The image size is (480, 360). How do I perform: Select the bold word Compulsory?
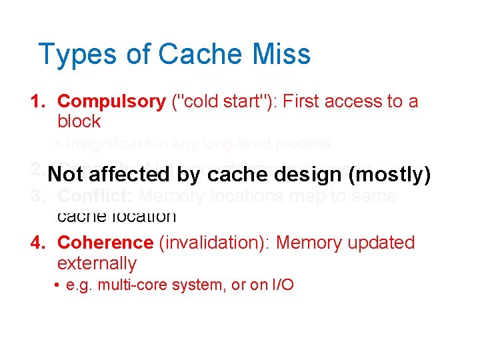pyautogui.click(x=111, y=101)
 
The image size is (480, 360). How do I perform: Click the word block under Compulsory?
pyautogui.click(x=79, y=121)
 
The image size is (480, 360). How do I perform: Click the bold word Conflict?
pyautogui.click(x=95, y=197)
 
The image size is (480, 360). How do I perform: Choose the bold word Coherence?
pyautogui.click(x=105, y=243)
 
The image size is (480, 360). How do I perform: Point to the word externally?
pyautogui.click(x=97, y=263)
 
